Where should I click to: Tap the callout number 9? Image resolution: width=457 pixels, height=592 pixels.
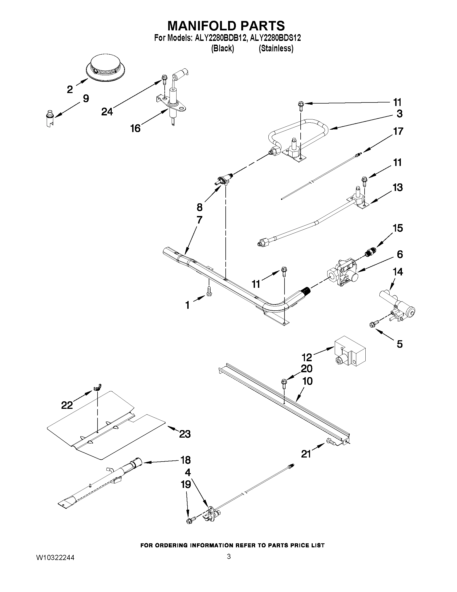click(86, 98)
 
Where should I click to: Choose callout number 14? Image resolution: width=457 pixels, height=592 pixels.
click(398, 271)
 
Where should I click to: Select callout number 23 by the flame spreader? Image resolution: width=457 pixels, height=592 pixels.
click(185, 434)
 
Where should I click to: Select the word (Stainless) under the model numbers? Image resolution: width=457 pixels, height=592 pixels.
click(276, 48)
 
